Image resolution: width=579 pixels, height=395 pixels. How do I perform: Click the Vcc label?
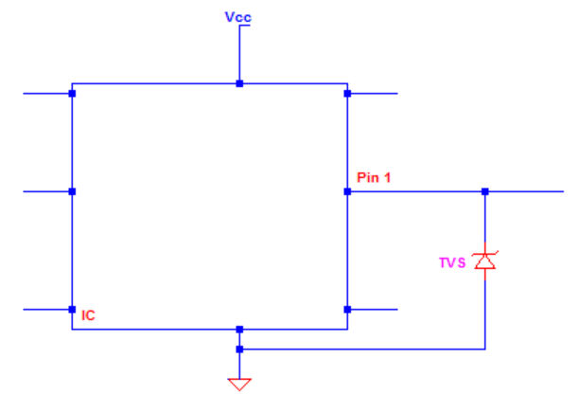239,17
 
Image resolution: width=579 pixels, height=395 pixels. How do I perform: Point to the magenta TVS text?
451,263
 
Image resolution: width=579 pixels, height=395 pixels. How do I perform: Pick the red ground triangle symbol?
239,383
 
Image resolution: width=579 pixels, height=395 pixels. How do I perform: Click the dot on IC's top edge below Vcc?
239,83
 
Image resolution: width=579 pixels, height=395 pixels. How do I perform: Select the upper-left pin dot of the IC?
72,94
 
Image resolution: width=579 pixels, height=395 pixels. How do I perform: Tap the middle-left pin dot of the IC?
72,191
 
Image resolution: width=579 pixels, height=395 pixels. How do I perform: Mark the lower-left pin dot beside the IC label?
72,309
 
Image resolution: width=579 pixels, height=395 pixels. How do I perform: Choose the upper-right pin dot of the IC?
347,94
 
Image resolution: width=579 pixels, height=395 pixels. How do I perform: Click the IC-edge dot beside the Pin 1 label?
347,191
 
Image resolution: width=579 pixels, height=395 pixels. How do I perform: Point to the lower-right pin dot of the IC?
347,309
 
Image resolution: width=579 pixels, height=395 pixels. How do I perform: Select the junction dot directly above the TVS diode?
484,191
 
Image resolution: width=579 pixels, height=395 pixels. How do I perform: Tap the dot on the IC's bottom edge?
239,330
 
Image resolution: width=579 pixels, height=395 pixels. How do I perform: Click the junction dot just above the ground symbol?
239,350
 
